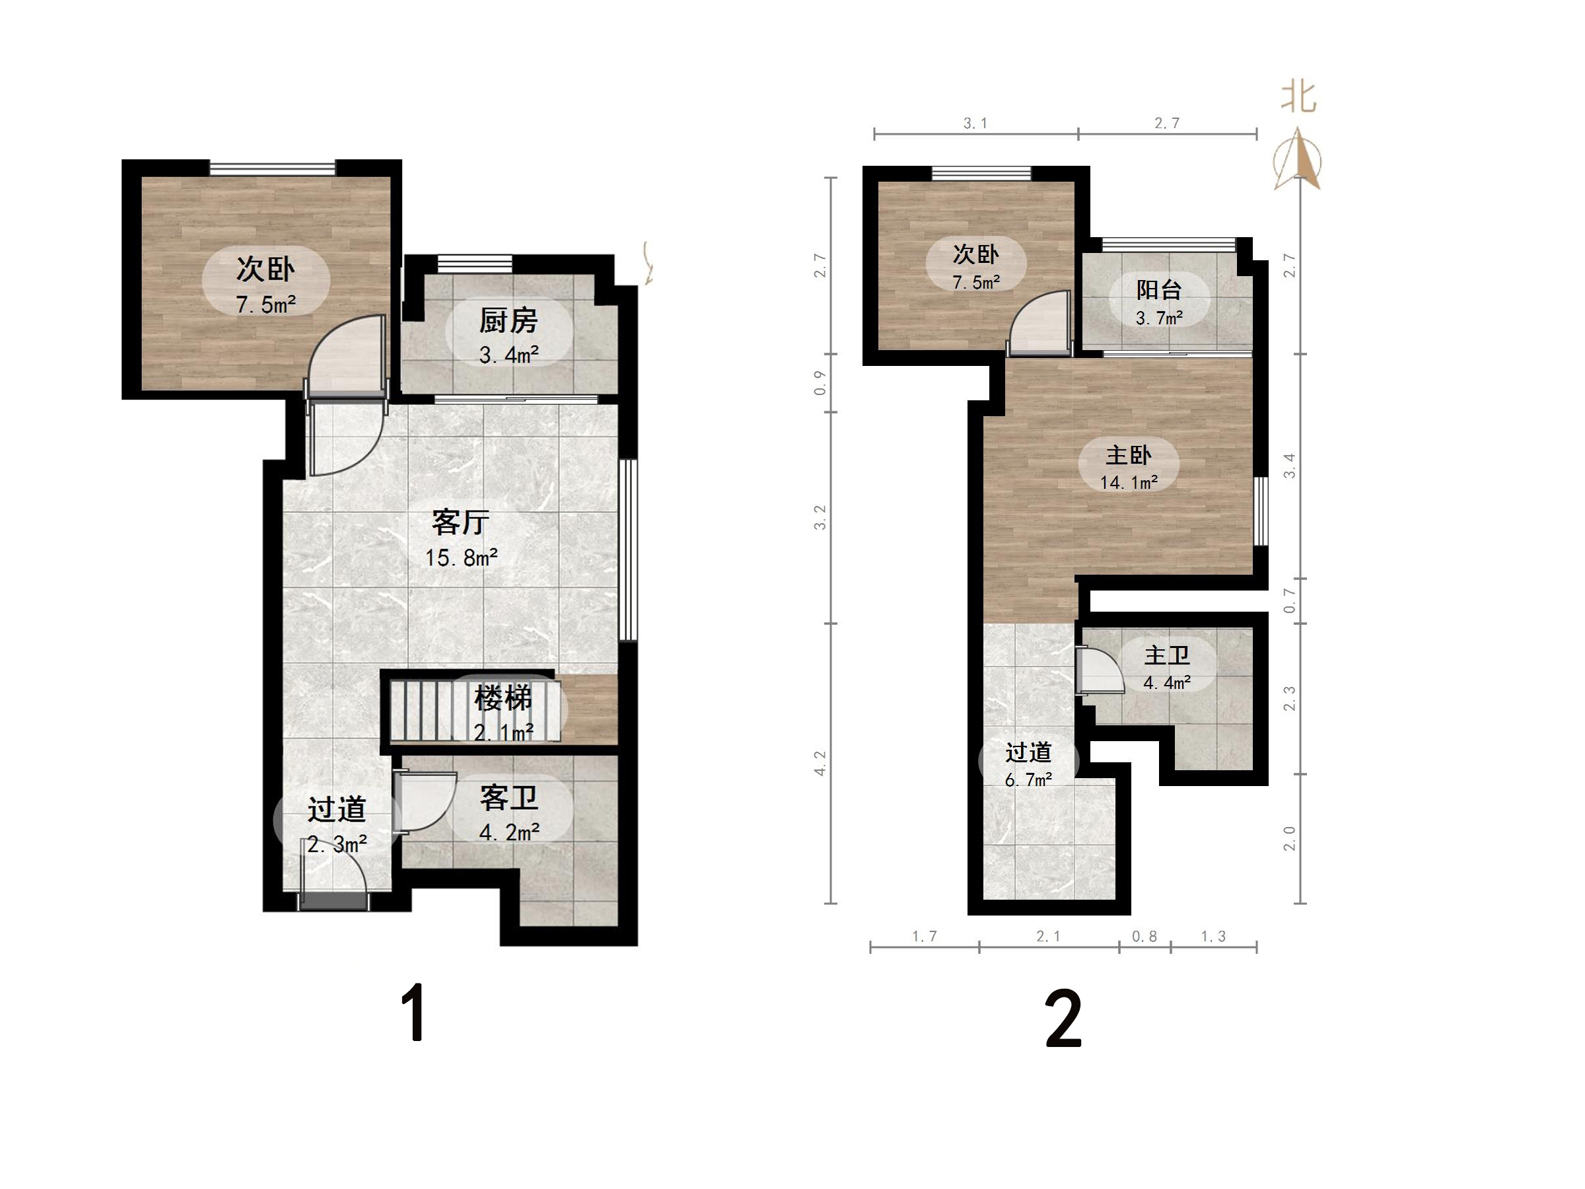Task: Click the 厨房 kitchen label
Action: click(508, 321)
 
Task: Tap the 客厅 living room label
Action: click(461, 522)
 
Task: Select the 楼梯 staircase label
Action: click(503, 698)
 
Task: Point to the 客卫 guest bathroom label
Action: click(509, 798)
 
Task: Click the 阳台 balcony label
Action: click(1158, 290)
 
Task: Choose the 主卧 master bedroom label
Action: click(1129, 455)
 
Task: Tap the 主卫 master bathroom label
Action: click(1166, 655)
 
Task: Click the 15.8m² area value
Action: click(462, 558)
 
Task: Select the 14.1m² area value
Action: click(1129, 483)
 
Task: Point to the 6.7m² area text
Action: click(1028, 779)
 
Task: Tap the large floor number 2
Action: click(1063, 1019)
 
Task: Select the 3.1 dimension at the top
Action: click(975, 124)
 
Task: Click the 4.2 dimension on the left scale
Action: click(820, 764)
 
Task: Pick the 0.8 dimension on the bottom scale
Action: click(1145, 936)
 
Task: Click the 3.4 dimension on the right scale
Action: click(1289, 466)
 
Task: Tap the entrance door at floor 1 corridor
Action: click(334, 900)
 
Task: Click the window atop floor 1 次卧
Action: click(272, 168)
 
